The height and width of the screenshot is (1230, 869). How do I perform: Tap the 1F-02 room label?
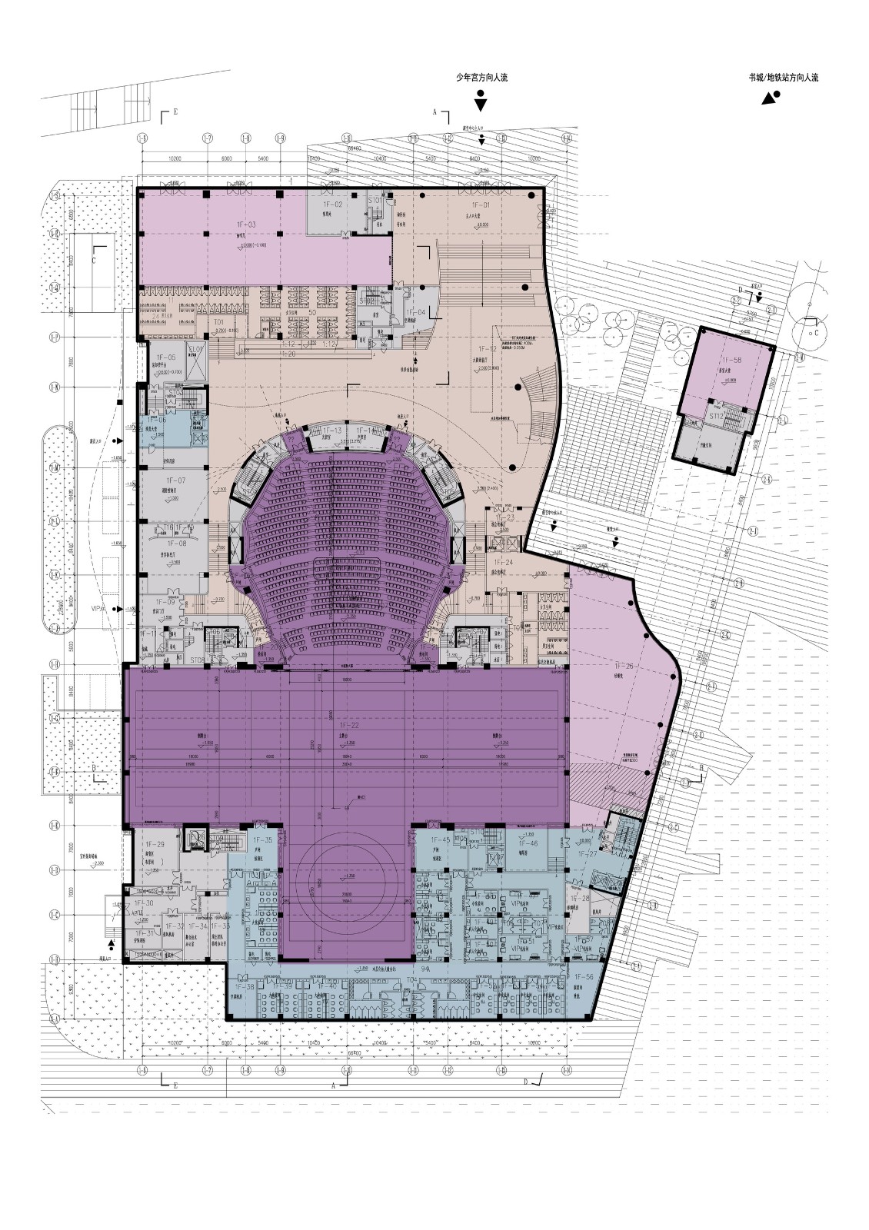click(x=332, y=204)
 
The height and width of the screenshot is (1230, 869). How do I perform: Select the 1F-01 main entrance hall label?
click(x=481, y=206)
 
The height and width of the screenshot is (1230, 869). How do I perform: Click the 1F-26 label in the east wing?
click(x=624, y=666)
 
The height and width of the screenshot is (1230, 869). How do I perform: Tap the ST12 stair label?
click(x=717, y=415)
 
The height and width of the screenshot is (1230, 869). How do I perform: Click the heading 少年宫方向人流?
click(x=481, y=78)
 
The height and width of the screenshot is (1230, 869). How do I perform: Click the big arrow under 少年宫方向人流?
click(x=481, y=104)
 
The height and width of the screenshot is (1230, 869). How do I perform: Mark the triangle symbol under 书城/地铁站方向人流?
click(x=768, y=99)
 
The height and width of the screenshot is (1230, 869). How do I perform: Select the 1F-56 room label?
click(x=584, y=976)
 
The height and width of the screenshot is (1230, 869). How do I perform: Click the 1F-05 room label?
click(x=166, y=357)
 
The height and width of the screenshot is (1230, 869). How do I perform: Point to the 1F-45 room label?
click(x=440, y=840)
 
